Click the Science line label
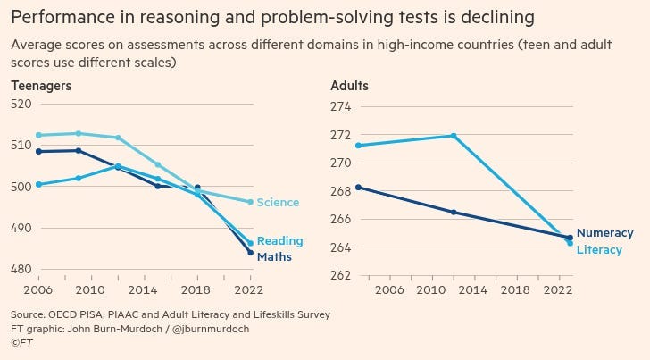(278, 203)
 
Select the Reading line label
(279, 241)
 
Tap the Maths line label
(274, 256)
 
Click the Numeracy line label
(604, 233)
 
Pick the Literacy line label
(599, 250)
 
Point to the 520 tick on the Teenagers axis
(21, 104)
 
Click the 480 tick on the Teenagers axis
(21, 269)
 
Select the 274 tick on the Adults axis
(341, 107)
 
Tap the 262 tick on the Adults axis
(341, 275)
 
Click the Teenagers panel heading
(41, 86)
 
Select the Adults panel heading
(349, 86)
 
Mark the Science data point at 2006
(37, 135)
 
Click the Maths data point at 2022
(251, 252)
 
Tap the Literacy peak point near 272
(454, 136)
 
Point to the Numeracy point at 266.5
(454, 212)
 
